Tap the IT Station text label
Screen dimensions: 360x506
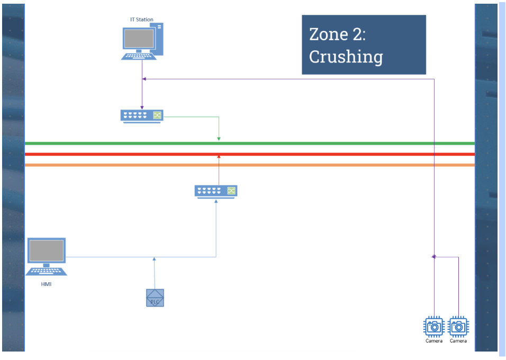(142, 20)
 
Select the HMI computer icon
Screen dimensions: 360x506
(47, 257)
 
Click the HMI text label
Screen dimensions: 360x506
(47, 284)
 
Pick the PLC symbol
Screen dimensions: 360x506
(155, 298)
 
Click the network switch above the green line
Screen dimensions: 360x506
(142, 115)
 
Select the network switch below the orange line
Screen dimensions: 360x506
(216, 191)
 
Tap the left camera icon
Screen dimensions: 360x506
(434, 327)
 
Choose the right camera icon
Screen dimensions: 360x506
(458, 327)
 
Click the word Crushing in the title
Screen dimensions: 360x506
(346, 56)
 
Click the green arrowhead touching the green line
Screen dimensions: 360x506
(219, 139)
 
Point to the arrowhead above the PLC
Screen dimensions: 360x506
(154, 259)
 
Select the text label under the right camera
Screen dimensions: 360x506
(458, 341)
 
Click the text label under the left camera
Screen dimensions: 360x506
(434, 341)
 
